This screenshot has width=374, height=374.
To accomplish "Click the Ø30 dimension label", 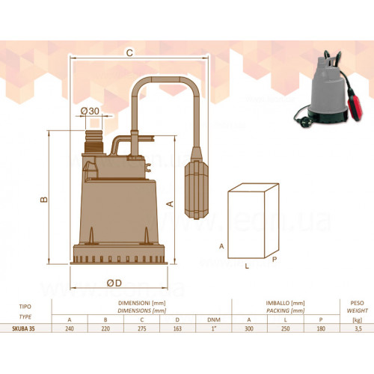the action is click(90, 111).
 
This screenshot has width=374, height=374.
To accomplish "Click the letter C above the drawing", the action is click(129, 53).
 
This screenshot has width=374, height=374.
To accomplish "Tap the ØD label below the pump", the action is click(114, 283).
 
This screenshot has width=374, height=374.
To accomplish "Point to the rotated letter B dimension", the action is click(44, 199).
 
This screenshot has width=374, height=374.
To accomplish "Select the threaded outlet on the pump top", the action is click(93, 141).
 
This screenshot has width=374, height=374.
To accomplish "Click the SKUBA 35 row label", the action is click(23, 328).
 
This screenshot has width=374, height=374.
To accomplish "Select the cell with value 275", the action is click(142, 328).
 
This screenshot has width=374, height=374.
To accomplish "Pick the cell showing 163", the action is click(177, 328).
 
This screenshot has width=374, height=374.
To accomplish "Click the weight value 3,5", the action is click(358, 328).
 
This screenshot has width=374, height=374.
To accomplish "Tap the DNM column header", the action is click(214, 319).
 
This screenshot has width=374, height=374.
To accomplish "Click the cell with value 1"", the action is click(214, 328).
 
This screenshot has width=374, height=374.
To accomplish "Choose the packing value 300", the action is click(249, 328).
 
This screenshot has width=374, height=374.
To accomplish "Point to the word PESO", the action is click(357, 303).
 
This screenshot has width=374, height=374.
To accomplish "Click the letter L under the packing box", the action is click(247, 266).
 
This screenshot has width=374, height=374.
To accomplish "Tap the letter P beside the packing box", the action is click(275, 260).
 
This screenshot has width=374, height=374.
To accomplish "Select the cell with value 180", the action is click(321, 328).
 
